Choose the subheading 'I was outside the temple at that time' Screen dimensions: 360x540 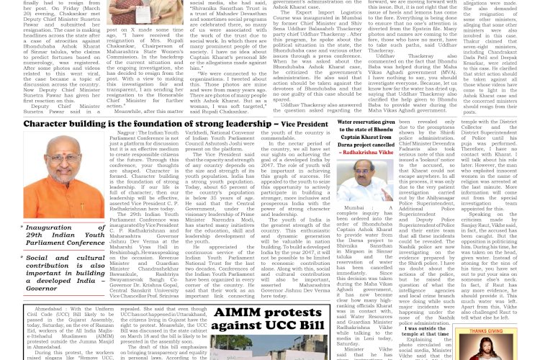coord(424,336)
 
